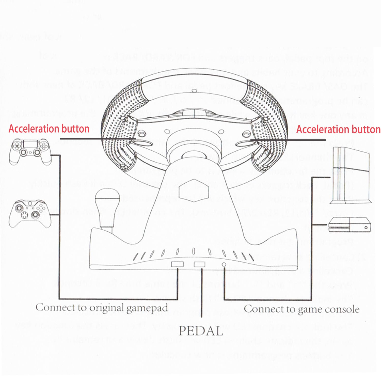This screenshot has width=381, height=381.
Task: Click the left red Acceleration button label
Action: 49,129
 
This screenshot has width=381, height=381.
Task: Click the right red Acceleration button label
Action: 338,130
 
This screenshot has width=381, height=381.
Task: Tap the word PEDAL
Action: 201,331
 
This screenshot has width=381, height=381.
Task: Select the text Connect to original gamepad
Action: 102,308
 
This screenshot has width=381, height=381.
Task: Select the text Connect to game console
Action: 301,309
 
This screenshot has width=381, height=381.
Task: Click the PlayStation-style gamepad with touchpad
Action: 30,151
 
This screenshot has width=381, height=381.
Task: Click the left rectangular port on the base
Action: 177,264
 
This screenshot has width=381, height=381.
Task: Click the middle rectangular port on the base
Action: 199,264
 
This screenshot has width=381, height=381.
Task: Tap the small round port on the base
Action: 224,264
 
